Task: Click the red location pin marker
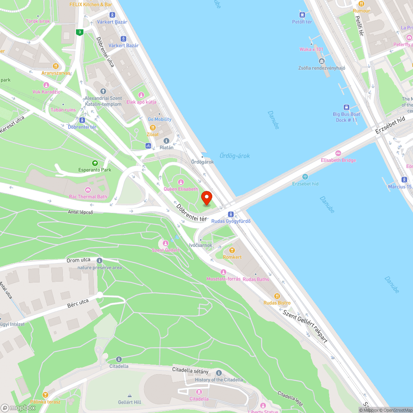[x=206, y=198]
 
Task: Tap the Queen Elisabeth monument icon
[x=180, y=182]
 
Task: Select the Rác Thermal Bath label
[x=88, y=197]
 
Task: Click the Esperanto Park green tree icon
[x=95, y=163]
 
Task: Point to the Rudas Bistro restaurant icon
[x=277, y=296]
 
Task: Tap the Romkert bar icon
[x=232, y=250]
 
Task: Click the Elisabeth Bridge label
[x=338, y=160]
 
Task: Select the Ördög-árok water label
[x=235, y=156]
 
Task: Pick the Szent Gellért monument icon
[x=166, y=243]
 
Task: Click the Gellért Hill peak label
[x=129, y=402]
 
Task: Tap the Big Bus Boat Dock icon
[x=346, y=107]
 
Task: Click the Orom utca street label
[x=78, y=260]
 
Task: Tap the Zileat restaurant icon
[x=152, y=128]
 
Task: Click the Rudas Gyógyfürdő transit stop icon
[x=231, y=214]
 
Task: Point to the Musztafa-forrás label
[x=223, y=279]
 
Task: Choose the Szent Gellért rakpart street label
[x=305, y=326]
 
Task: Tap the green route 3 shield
[x=80, y=32]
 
